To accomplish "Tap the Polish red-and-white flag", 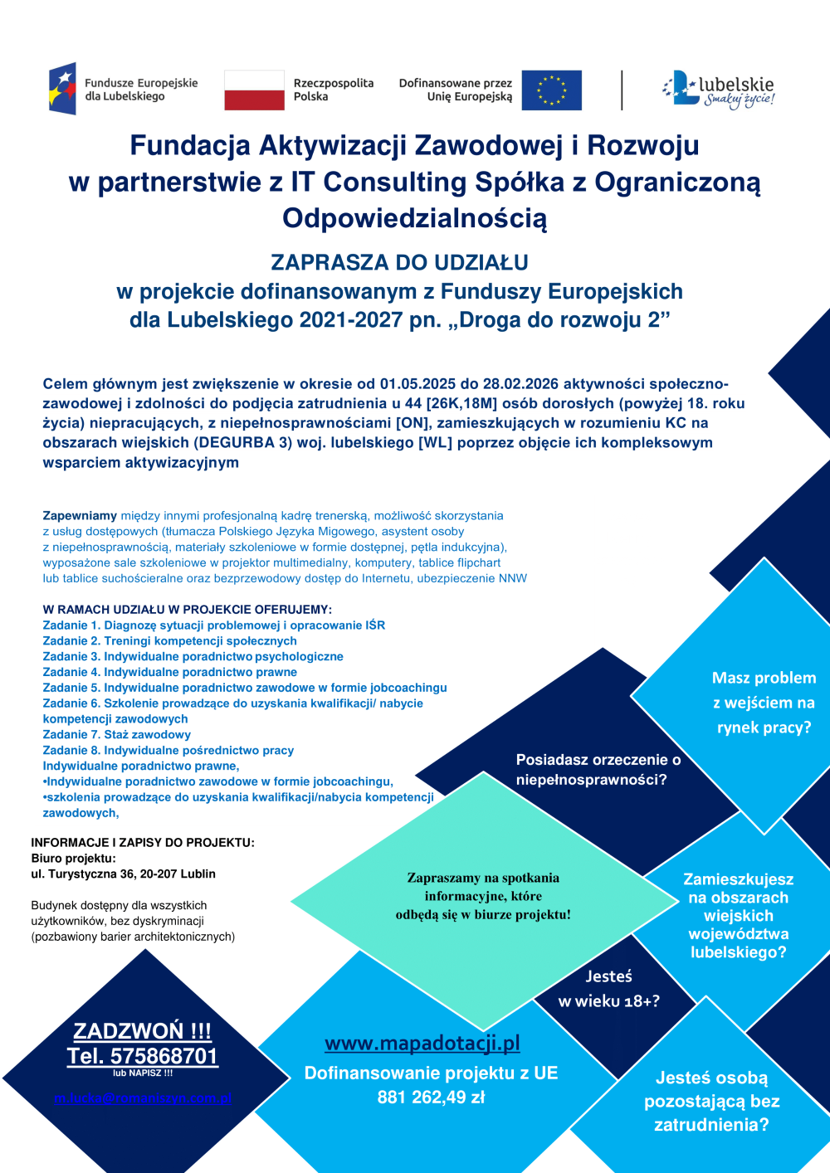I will (254, 90).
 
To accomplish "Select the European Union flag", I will (552, 90).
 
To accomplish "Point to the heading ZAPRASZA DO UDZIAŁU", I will (399, 263).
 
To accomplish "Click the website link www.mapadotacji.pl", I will (422, 1043).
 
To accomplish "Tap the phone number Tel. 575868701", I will (143, 1056).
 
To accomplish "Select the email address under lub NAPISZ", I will (143, 1098).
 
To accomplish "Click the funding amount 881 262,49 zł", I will (431, 1098).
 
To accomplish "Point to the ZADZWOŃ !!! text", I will (143, 1031).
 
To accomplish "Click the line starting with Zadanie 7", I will (117, 734).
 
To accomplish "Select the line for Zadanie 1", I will (214, 625).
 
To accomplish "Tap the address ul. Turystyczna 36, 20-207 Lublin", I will (124, 874).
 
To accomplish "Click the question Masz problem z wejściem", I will (764, 703).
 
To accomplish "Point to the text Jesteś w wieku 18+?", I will (609, 989).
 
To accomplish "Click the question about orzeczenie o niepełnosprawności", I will (598, 770).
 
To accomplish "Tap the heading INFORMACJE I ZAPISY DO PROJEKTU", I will (143, 842).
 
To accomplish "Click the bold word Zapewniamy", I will (80, 515).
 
